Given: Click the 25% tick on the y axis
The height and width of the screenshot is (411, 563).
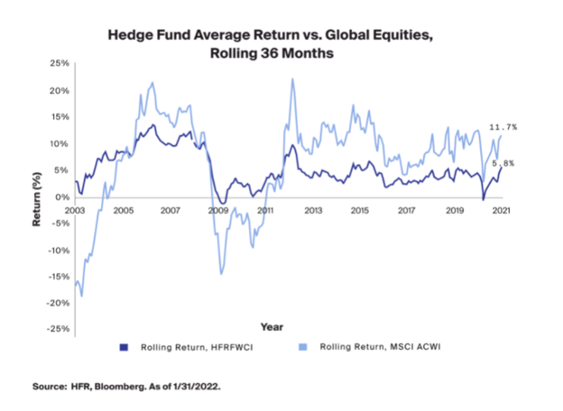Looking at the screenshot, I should tap(60, 64).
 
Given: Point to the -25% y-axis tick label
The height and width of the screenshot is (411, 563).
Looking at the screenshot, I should tap(59, 329).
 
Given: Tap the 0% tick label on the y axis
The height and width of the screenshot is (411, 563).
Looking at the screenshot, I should tap(63, 196).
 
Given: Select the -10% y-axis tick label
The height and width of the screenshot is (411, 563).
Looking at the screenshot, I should tap(59, 250).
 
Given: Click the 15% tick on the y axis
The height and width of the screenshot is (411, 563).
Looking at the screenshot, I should tap(60, 117).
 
